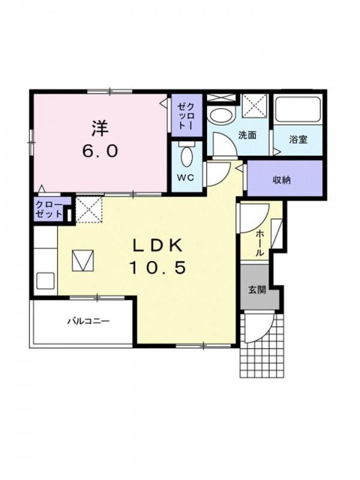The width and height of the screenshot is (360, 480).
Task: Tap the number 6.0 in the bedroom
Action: pyautogui.click(x=100, y=151)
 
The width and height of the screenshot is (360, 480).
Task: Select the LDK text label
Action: pyautogui.click(x=157, y=245)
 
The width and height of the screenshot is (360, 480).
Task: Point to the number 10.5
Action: pyautogui.click(x=157, y=268)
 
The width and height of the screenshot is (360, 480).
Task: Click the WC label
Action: pyautogui.click(x=186, y=178)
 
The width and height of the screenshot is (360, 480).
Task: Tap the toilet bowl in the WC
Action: pyautogui.click(x=187, y=156)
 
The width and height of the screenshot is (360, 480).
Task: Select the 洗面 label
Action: pyautogui.click(x=247, y=136)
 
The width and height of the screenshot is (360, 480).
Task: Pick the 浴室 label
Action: pyautogui.click(x=298, y=140)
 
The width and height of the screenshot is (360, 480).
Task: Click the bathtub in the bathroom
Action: pyautogui.click(x=298, y=109)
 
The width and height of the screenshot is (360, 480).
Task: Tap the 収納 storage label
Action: pyautogui.click(x=281, y=181)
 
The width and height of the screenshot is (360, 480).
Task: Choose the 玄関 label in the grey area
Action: pyautogui.click(x=257, y=290)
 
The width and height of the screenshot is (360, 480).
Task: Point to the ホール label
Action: pyautogui.click(x=259, y=244)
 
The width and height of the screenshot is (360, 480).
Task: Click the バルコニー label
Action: pyautogui.click(x=88, y=322)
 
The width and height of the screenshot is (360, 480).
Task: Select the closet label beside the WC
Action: pyautogui.click(x=187, y=115)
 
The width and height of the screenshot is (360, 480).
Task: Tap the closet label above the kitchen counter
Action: pyautogui.click(x=49, y=209)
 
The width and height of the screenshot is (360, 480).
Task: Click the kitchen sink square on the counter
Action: pyautogui.click(x=46, y=281)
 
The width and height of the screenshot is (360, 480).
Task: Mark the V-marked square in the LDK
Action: pyautogui.click(x=83, y=260)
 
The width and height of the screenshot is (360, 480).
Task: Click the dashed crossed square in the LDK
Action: pyautogui.click(x=89, y=210)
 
